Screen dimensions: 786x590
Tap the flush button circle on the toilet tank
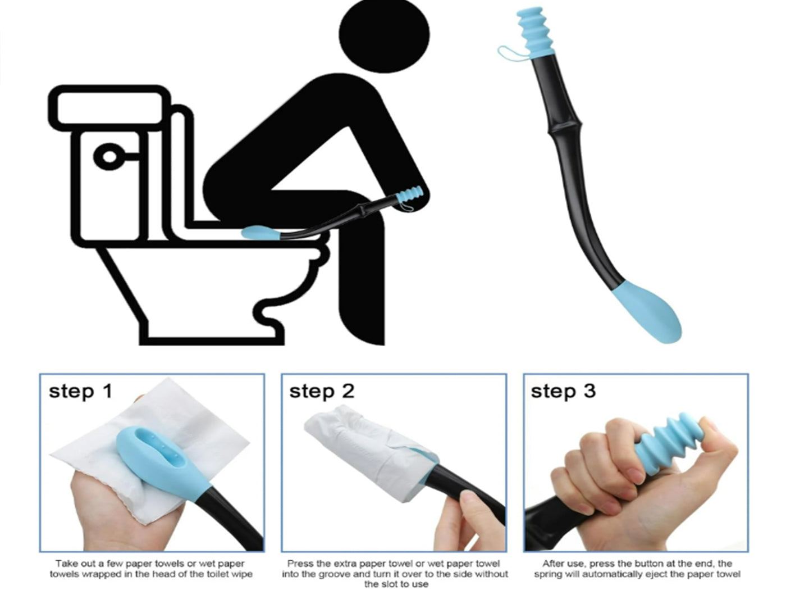tap(109, 157)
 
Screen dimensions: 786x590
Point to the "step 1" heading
tap(81, 392)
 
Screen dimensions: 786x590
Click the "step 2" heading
tap(322, 392)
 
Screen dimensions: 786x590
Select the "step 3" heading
tap(563, 392)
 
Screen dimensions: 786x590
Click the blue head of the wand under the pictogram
tap(261, 233)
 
